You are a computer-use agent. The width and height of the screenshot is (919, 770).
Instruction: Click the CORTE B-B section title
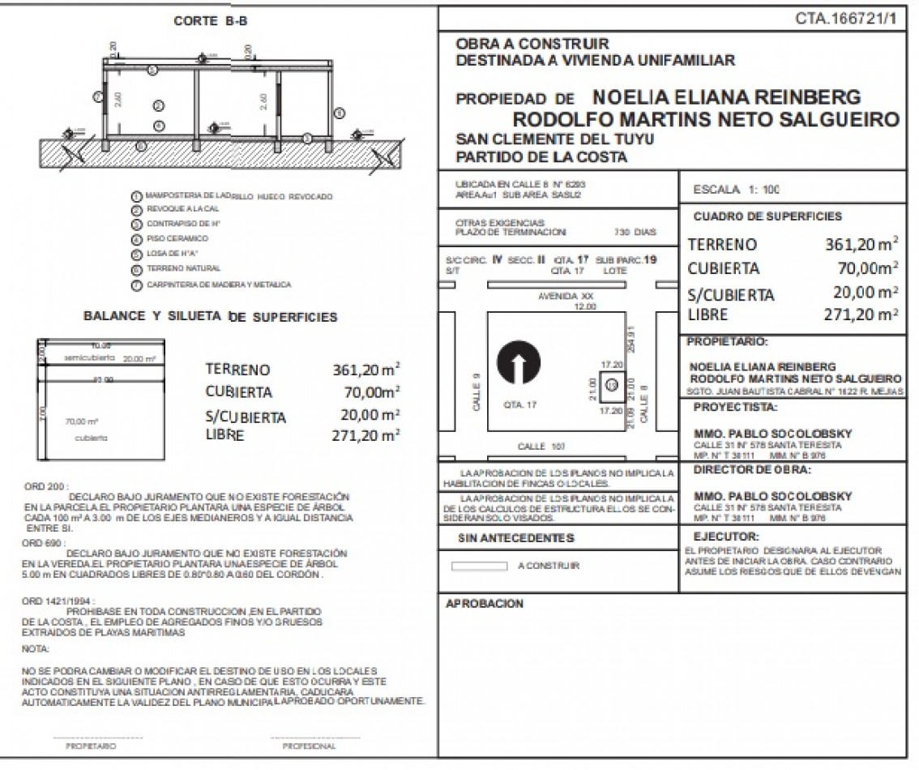click(210, 22)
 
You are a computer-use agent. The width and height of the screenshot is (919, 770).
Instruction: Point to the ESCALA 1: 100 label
click(737, 190)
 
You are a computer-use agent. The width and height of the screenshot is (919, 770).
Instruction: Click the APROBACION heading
click(485, 603)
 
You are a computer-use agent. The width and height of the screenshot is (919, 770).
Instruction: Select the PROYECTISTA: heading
click(735, 407)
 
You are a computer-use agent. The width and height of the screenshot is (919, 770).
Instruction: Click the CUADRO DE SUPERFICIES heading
click(767, 216)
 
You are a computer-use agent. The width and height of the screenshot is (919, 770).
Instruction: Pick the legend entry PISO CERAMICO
click(177, 239)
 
